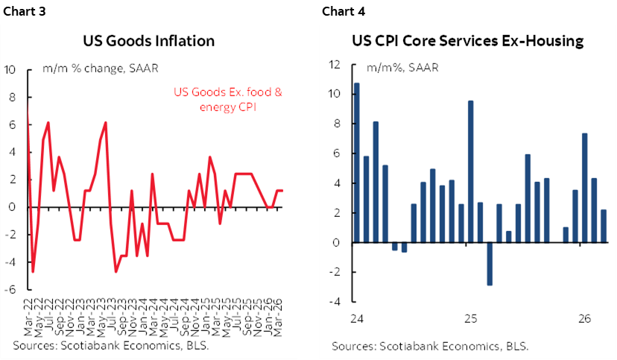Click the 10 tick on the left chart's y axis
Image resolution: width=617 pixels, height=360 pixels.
[x=10, y=70]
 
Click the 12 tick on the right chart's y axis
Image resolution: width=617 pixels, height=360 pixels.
[x=335, y=64]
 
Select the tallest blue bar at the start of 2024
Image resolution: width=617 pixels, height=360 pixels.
[x=357, y=162]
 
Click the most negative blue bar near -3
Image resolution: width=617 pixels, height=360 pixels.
[x=490, y=264]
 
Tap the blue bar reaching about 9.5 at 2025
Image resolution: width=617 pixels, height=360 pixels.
[x=471, y=171]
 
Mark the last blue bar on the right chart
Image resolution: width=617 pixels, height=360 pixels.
[x=604, y=226]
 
